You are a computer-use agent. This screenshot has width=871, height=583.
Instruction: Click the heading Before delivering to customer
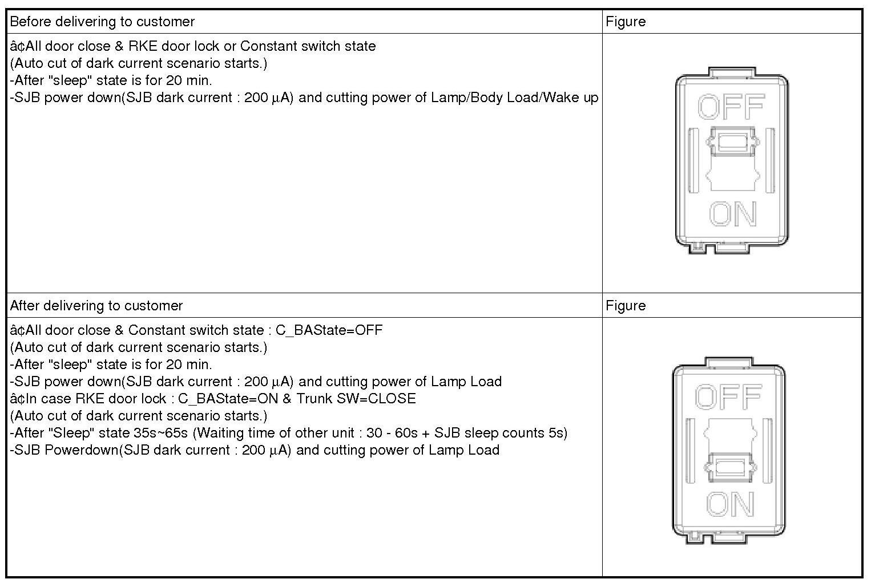click(102, 22)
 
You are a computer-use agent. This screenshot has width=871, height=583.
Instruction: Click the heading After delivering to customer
click(96, 306)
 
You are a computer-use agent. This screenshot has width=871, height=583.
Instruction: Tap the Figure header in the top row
click(626, 22)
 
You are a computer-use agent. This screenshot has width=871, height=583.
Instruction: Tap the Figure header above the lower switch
click(626, 306)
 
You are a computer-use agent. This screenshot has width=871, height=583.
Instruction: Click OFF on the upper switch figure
click(731, 107)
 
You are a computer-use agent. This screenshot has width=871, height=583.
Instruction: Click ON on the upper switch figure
click(733, 214)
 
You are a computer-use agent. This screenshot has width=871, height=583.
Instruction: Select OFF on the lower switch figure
click(728, 396)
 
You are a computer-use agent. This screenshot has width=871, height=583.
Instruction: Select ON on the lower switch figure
click(729, 504)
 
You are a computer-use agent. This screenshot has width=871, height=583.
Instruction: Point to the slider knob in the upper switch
click(732, 141)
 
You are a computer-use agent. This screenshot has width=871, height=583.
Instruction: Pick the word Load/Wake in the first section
click(546, 98)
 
